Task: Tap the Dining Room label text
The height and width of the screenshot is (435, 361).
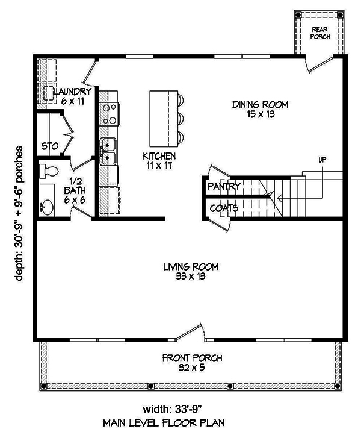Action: pos(261,109)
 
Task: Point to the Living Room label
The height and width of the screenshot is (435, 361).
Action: pos(190,271)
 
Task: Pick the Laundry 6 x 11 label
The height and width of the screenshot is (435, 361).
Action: pos(72,96)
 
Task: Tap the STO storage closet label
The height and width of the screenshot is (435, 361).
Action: pos(49,146)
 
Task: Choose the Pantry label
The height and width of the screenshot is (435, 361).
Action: pos(224,187)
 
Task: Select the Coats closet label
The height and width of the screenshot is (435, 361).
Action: pos(223,208)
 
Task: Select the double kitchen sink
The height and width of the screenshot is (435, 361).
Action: pos(108,152)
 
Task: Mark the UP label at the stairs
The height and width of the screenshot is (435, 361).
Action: pos(323,160)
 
